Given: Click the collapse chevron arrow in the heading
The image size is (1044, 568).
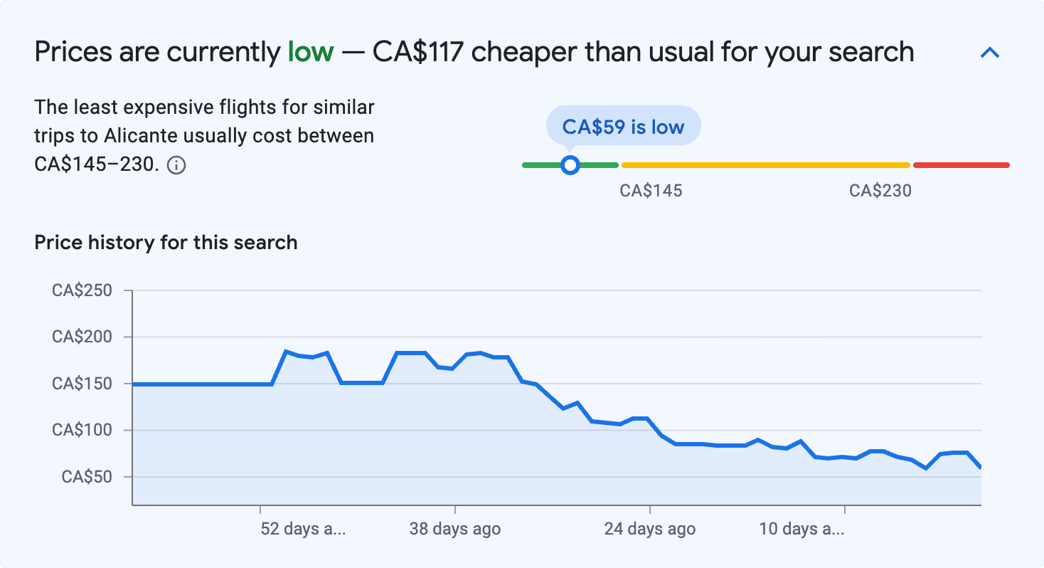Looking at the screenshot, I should tap(990, 53).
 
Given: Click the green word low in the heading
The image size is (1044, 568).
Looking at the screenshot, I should tap(310, 52).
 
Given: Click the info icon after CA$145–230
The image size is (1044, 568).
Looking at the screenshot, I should tap(176, 166).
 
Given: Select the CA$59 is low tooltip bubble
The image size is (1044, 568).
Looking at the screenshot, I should tap(623, 127).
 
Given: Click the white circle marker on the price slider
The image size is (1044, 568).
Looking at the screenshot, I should tap(570, 165).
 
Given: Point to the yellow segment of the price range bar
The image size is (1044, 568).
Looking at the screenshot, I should tap(765, 165).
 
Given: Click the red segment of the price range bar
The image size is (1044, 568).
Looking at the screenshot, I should tap(961, 165).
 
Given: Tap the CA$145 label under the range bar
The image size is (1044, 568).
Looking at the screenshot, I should tap(651, 191).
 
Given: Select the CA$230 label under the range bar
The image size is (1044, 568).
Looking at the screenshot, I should tap(880, 191).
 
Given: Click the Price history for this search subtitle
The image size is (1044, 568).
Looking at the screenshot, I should tap(166, 243).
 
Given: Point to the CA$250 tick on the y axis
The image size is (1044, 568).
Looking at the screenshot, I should tap(81, 290).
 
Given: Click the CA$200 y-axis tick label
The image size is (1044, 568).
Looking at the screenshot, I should tap(81, 337).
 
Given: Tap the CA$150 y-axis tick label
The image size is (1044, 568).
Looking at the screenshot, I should tap(81, 384).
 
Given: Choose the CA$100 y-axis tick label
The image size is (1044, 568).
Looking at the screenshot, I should tap(81, 430).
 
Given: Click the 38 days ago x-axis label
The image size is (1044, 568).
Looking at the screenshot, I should tap(454, 530).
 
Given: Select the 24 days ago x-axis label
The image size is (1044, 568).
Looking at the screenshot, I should tap(649, 530).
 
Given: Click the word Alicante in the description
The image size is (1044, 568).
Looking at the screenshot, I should tap(137, 135).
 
